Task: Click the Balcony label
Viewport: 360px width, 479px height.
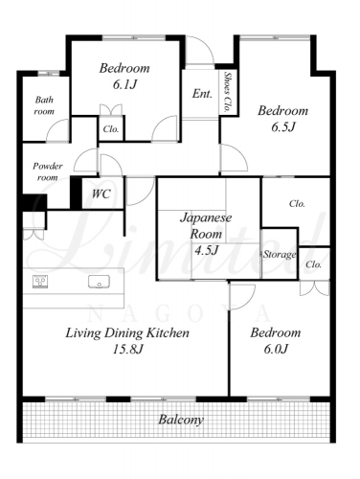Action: coord(181,420)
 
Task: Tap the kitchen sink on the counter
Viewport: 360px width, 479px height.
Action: coord(99,282)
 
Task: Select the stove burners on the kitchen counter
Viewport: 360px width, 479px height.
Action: coord(40,282)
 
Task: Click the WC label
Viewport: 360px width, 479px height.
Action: coord(101,194)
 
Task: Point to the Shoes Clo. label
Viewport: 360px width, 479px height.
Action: coord(227,92)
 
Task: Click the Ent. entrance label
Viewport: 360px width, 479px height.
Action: coord(202,94)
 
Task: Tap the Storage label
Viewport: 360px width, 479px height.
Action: coord(280,254)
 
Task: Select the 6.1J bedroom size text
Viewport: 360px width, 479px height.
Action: coord(124,84)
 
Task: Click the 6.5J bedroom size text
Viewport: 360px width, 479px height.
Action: coord(283,127)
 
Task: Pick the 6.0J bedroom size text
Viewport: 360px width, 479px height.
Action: coord(276,349)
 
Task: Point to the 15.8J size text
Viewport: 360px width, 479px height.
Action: coord(127,349)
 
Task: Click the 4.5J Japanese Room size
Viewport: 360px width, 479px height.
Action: coord(207,250)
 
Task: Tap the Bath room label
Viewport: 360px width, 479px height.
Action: coord(44,105)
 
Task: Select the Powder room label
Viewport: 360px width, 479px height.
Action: coord(48,171)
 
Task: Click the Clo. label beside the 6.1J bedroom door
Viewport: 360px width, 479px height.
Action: coord(111,129)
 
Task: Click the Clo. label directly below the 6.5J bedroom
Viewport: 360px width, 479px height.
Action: coord(297,204)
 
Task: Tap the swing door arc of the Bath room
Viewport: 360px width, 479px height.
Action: coord(54,126)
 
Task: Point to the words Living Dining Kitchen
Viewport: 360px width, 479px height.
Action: coord(127,333)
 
